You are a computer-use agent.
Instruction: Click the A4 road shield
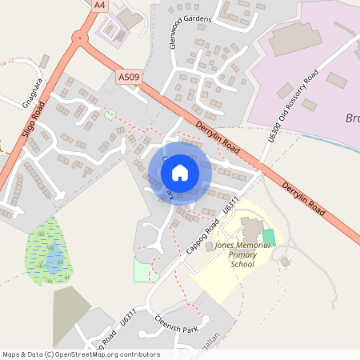[x=99, y=5]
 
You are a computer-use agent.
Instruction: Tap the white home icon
[x=180, y=172]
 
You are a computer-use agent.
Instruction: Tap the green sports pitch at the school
[x=269, y=238]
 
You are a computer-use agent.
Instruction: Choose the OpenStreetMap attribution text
[x=80, y=354]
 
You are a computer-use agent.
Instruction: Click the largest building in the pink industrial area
[x=294, y=38]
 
